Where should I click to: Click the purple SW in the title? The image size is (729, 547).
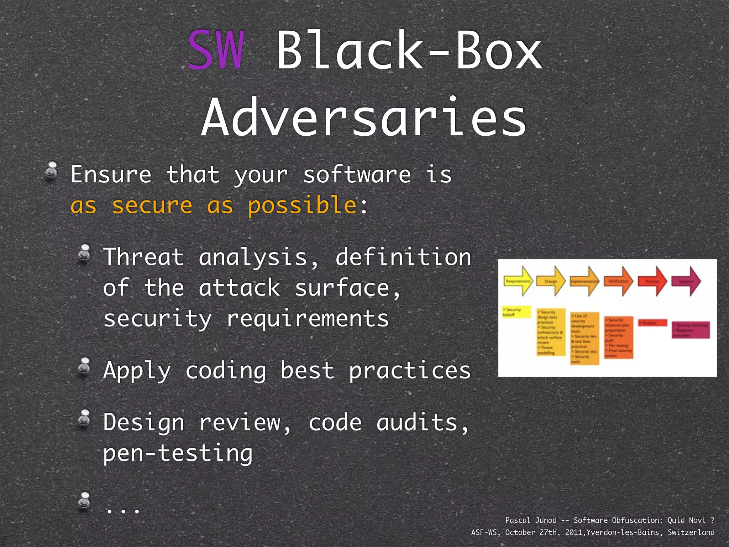click(x=216, y=50)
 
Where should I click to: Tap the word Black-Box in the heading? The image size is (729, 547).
click(x=409, y=50)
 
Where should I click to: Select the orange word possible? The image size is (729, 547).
click(x=302, y=206)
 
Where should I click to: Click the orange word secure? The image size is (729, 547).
click(x=152, y=206)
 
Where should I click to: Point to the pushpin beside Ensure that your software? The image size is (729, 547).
click(x=52, y=171)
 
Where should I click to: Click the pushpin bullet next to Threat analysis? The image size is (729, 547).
click(x=85, y=254)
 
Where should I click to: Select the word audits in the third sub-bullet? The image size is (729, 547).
click(x=422, y=423)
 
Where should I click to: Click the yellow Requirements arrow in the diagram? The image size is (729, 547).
click(x=518, y=281)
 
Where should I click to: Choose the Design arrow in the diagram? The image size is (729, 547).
click(x=551, y=281)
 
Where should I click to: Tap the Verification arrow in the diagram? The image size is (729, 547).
click(x=619, y=281)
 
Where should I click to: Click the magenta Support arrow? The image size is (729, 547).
click(x=686, y=281)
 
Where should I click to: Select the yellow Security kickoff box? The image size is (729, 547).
click(x=516, y=312)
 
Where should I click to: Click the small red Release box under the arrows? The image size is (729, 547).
click(x=652, y=323)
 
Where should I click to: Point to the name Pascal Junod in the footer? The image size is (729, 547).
click(x=531, y=520)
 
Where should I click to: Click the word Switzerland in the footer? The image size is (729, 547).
click(x=691, y=532)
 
